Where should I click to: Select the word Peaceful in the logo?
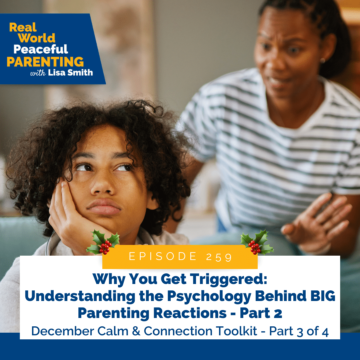tap(41, 49)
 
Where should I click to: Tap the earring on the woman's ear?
tap(323, 60)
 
